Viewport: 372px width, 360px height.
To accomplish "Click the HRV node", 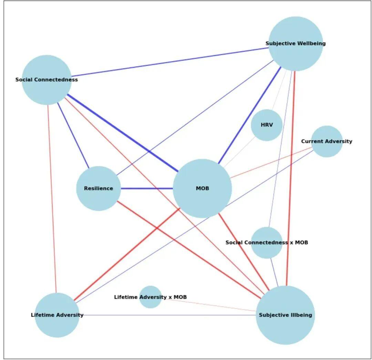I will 266,125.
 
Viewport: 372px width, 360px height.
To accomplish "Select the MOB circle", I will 202,188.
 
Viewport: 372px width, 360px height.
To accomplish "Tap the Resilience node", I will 99,188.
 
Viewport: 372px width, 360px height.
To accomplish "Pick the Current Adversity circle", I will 327,141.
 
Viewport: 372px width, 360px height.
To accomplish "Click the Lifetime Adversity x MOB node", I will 151,297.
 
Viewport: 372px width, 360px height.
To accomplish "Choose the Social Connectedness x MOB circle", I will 267,243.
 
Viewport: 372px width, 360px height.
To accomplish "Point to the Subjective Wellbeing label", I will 295,43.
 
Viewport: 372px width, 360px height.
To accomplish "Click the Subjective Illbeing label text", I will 285,315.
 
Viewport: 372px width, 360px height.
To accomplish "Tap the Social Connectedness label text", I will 46,80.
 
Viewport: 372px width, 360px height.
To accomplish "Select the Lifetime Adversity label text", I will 57,315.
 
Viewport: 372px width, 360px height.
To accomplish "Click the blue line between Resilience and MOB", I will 147,188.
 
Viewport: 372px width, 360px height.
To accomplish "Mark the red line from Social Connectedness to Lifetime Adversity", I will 52,196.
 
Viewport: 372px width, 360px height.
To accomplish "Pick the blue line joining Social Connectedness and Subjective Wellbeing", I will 169,62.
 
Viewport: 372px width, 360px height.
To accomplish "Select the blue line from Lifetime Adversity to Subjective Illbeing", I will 165,315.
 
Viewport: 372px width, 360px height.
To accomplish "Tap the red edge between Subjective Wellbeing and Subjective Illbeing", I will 290,179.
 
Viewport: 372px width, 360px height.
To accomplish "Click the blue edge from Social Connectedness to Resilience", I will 73,135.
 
